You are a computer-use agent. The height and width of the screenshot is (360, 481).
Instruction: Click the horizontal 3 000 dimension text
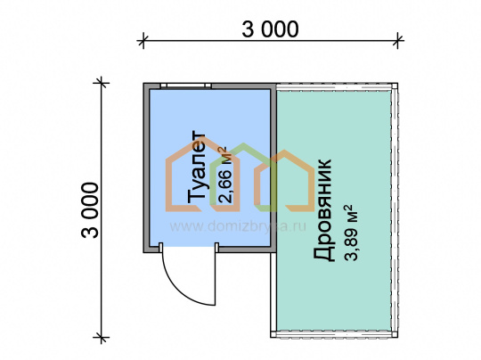270,29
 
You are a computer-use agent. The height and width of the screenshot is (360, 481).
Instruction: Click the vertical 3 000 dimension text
90,210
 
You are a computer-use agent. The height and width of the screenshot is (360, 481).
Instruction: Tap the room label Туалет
196,168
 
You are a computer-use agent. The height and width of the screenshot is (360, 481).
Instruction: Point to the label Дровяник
322,210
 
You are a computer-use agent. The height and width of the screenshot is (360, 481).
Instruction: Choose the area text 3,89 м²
351,233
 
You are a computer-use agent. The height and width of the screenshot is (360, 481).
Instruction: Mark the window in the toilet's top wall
186,86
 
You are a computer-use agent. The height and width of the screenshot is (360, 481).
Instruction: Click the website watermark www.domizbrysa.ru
238,226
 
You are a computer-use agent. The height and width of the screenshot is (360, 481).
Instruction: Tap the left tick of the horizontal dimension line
143,40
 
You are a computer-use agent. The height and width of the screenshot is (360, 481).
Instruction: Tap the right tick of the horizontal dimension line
397,40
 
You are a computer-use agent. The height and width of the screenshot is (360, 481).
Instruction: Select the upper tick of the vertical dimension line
102,83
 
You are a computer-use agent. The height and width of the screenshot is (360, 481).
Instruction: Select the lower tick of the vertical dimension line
102,338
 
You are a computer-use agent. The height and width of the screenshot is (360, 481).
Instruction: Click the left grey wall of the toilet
146,168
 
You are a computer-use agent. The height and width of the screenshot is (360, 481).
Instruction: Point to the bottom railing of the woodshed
334,334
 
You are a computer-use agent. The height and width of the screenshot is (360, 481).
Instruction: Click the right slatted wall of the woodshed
395,210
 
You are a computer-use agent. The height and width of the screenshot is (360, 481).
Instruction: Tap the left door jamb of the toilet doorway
160,248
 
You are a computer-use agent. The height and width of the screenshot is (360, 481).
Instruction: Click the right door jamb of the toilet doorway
216,248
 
